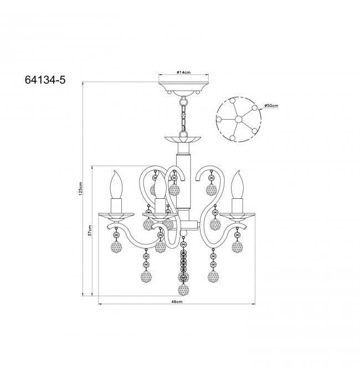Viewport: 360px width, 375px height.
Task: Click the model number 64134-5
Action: click(45, 80)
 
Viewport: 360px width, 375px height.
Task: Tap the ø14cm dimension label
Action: click(183, 72)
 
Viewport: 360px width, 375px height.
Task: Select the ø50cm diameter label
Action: click(271, 106)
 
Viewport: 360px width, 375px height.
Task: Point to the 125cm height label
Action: click(81, 189)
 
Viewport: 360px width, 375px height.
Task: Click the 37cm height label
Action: click(90, 230)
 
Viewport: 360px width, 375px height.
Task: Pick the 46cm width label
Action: click(177, 301)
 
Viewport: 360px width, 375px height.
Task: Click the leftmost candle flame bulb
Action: click(116, 184)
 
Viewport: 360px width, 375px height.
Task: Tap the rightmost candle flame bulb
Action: click(237, 184)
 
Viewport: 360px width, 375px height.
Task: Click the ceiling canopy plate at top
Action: click(183, 89)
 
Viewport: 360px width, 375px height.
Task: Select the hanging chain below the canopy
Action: click(183, 114)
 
